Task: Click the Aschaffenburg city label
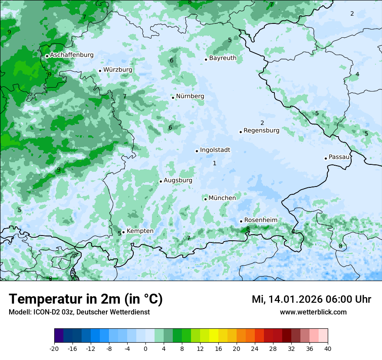(72, 55)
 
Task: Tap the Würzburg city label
(118, 69)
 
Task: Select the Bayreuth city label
(223, 58)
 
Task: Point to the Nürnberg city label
(190, 96)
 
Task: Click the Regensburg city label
(261, 130)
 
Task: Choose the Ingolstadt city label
(215, 150)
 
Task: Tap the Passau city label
(339, 157)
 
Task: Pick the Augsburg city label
(178, 180)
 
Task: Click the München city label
(222, 198)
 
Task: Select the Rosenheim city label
(261, 220)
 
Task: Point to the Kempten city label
(140, 231)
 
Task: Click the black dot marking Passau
(326, 158)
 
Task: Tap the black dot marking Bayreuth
(206, 59)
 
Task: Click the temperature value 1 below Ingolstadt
(214, 163)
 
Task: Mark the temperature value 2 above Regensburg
(262, 123)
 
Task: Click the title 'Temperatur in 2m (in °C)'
(86, 299)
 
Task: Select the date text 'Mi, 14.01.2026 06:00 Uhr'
(311, 299)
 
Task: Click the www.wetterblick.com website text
(313, 312)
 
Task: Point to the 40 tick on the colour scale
(328, 349)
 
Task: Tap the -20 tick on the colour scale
(54, 349)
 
